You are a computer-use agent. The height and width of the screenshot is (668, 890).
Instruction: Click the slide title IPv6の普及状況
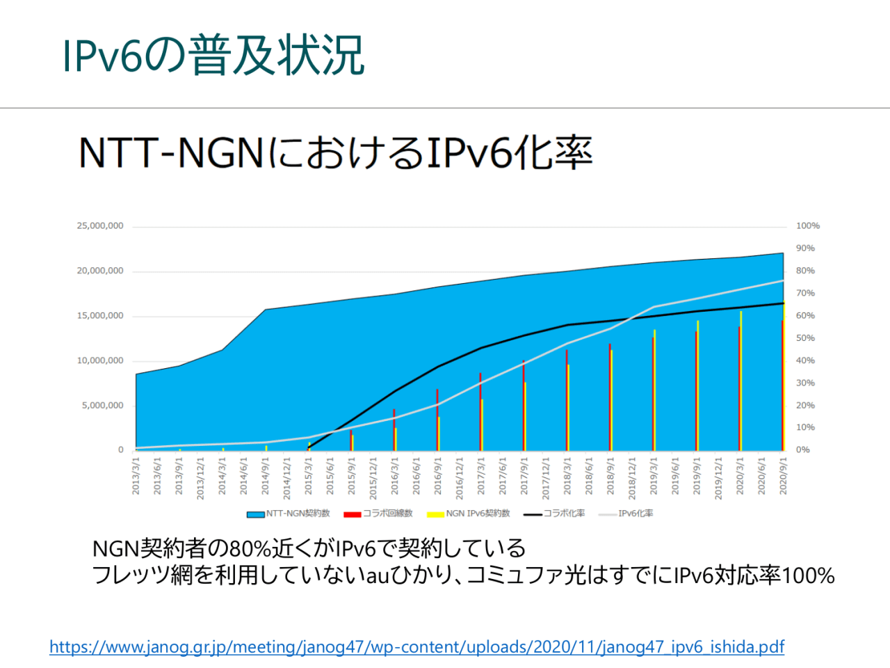click(x=213, y=55)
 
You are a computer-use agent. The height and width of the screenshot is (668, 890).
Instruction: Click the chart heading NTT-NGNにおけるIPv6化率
click(x=335, y=152)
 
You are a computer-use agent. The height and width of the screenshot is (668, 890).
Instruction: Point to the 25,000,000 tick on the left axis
click(x=100, y=226)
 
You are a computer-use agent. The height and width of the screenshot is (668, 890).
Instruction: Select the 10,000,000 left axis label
click(x=100, y=360)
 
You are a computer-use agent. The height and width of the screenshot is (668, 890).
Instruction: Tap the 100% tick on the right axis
click(x=807, y=226)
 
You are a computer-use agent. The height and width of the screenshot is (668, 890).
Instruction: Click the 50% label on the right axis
click(x=805, y=338)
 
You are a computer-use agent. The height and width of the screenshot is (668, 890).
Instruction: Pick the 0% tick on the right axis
click(x=802, y=450)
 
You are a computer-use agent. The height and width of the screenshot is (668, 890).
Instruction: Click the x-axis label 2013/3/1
click(x=136, y=476)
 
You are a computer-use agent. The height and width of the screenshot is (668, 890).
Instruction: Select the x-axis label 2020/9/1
click(x=783, y=476)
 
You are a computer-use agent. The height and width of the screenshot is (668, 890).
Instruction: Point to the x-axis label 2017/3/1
click(x=481, y=476)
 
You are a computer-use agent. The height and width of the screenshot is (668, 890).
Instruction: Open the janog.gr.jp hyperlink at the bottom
click(x=416, y=647)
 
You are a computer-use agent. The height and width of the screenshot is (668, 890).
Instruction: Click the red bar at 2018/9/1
click(x=610, y=397)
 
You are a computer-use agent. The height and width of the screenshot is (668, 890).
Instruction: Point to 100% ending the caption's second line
click(x=808, y=575)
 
